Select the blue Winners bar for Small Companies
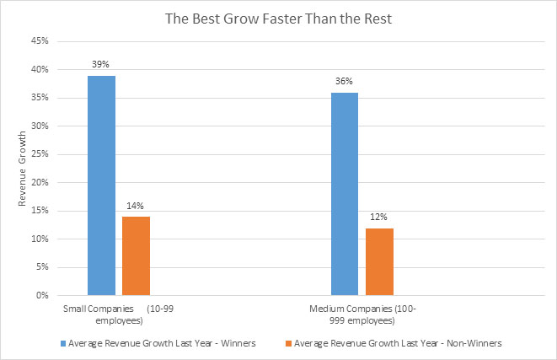tap(101, 185)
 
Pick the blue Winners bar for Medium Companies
tap(345, 194)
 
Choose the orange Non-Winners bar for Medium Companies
tap(378, 261)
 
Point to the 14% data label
tap(135, 207)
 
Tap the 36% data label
tap(345, 82)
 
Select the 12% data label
tap(378, 218)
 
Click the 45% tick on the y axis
tap(38, 40)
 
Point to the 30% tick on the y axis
tap(38, 126)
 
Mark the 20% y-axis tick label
tap(38, 182)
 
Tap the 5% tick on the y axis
tap(40, 267)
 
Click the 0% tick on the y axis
tap(40, 296)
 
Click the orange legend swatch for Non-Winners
tap(287, 343)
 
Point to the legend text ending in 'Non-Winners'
tap(394, 343)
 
